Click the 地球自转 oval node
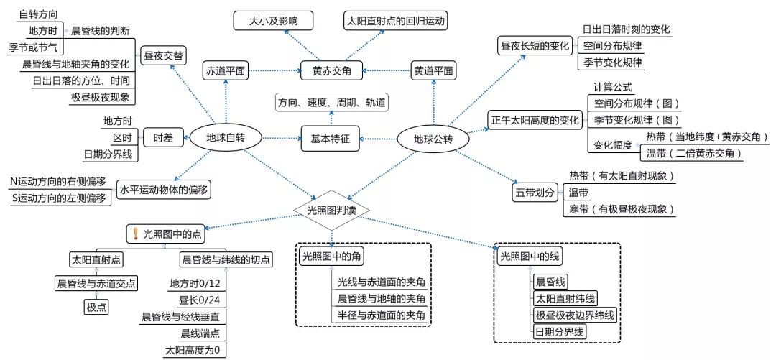[x=226, y=138]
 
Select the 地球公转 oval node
[x=433, y=138]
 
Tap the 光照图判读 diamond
[x=332, y=210]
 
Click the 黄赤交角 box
[x=331, y=70]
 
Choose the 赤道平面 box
[x=226, y=70]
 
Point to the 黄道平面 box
[x=434, y=70]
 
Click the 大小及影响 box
[x=274, y=21]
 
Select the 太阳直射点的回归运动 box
[x=396, y=21]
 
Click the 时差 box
[x=162, y=138]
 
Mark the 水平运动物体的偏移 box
[x=164, y=190]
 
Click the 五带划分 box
[x=535, y=193]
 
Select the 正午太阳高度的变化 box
[x=535, y=119]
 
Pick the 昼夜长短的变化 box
[x=535, y=46]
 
